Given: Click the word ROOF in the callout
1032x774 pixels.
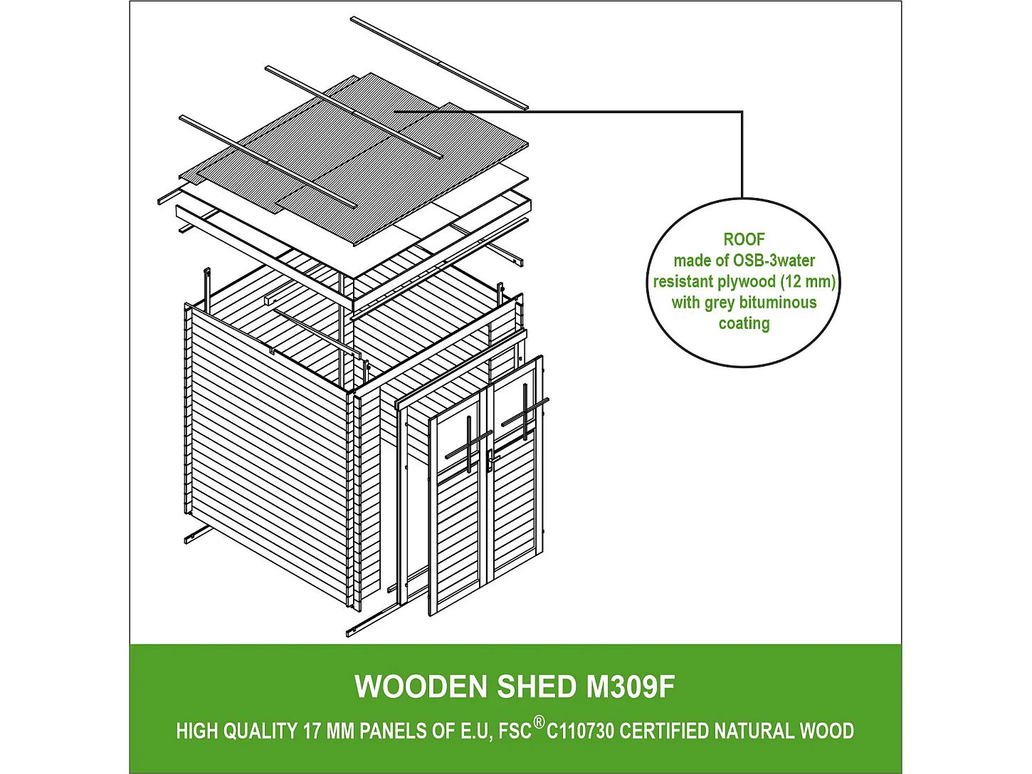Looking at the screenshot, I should [744, 240].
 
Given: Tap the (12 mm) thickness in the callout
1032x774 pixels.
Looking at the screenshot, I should [808, 281].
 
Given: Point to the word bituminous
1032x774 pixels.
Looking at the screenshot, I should [778, 303].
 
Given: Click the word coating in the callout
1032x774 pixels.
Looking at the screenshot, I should [744, 323].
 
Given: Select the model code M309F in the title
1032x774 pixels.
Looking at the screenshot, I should [630, 687].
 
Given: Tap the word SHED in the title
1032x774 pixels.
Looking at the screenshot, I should [537, 687].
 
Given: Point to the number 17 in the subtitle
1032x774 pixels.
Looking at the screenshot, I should [311, 731].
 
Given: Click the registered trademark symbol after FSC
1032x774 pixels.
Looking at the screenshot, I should [539, 723].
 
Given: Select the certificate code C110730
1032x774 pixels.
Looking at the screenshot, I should [580, 731].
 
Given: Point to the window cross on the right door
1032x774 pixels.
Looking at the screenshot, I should [525, 413].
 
